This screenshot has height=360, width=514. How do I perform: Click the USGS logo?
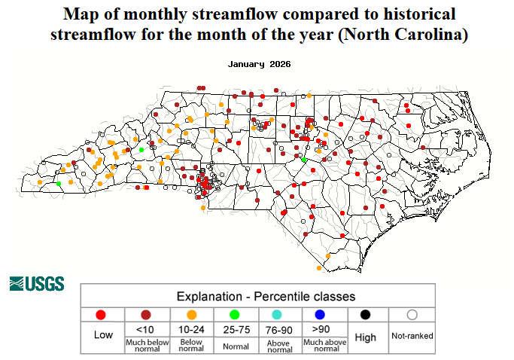[x=37, y=284]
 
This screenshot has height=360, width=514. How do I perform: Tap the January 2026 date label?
[x=259, y=65]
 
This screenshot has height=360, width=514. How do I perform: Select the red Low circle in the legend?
[x=102, y=315]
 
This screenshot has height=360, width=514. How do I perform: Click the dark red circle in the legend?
[x=145, y=315]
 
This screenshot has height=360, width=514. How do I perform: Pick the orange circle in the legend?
[x=191, y=315]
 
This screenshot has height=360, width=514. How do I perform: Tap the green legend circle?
[x=236, y=315]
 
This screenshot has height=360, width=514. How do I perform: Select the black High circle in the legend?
[x=366, y=315]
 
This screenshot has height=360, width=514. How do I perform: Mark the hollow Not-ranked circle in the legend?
[x=411, y=315]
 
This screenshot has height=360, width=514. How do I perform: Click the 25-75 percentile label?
[x=236, y=329]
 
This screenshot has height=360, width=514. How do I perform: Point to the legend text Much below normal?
[x=146, y=345]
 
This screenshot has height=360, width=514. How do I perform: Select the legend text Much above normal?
[x=324, y=345]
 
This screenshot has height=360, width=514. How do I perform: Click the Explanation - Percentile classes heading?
[x=266, y=296]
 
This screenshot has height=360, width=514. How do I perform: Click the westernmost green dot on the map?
[x=59, y=183]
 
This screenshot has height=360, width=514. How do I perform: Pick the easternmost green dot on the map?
[x=304, y=160]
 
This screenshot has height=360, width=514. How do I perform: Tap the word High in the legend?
[x=366, y=337]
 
